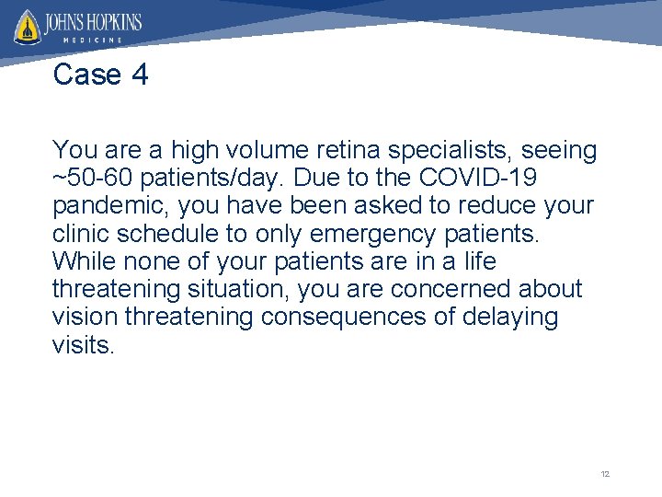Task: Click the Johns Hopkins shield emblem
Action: tap(28, 28)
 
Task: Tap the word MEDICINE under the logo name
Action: tap(96, 40)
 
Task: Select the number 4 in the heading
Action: tap(140, 75)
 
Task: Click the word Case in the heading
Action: tap(88, 75)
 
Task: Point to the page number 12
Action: tap(605, 474)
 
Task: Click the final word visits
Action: tap(84, 344)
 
